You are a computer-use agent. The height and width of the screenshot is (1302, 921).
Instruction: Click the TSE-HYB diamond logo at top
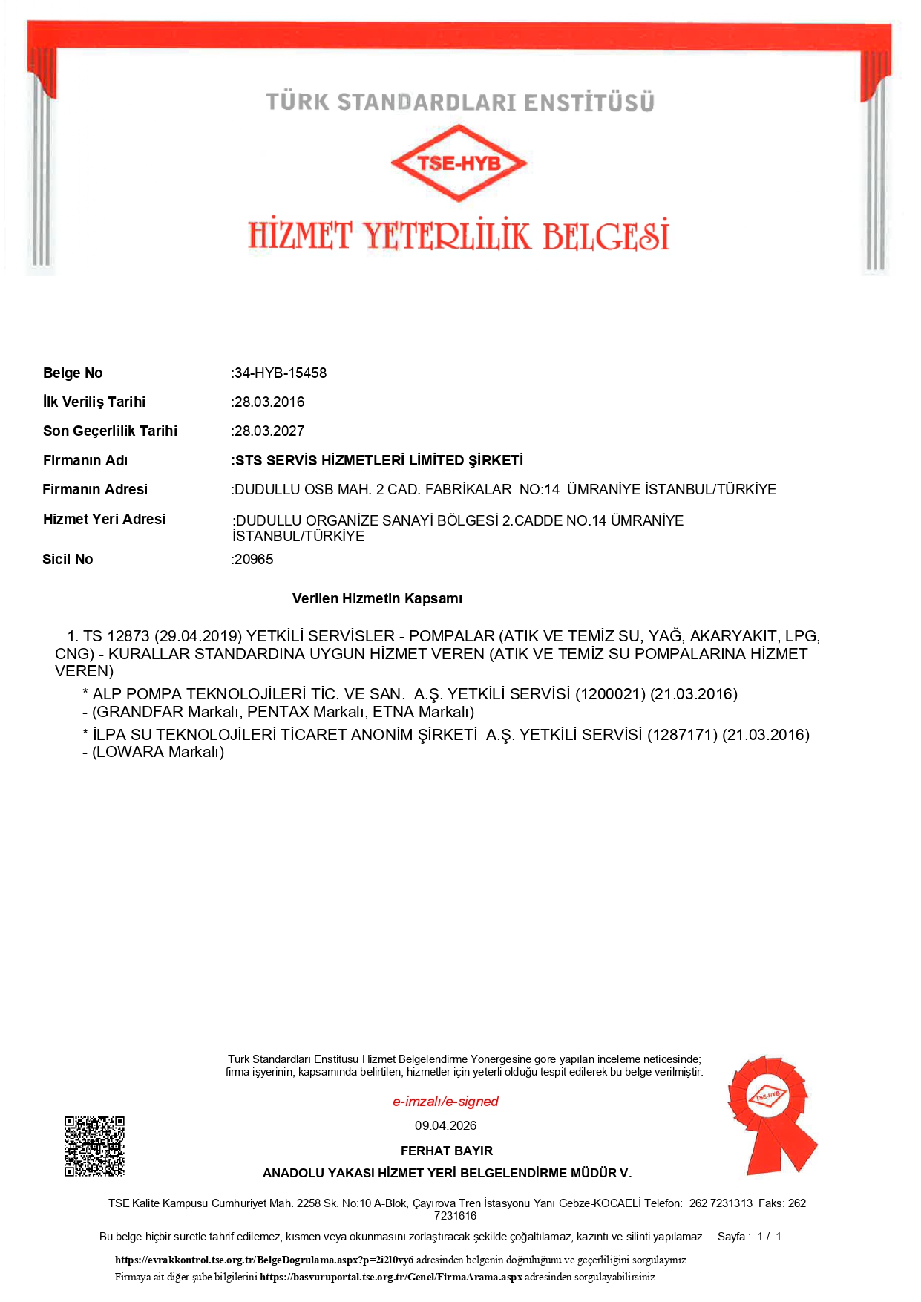[459, 163]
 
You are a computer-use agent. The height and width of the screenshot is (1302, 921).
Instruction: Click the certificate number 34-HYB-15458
[281, 373]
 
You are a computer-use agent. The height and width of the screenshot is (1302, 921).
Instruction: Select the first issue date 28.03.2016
[269, 402]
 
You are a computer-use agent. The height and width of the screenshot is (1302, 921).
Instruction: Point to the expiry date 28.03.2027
[269, 431]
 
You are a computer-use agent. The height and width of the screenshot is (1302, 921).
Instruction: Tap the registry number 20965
[254, 559]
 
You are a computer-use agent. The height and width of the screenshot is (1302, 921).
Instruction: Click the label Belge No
[73, 373]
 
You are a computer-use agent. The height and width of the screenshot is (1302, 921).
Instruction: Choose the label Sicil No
[68, 559]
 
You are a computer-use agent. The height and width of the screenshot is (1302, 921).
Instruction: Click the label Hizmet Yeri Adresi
[104, 519]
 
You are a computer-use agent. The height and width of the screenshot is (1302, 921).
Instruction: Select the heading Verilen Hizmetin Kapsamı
[377, 598]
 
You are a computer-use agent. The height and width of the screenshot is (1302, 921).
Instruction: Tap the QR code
[94, 1146]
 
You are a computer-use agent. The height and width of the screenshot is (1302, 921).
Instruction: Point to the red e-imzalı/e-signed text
[445, 1101]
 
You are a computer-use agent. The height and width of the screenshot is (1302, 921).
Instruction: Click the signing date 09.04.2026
[445, 1125]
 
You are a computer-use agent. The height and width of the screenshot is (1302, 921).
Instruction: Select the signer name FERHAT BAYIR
[446, 1151]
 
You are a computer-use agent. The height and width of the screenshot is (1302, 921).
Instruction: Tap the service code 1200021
[610, 694]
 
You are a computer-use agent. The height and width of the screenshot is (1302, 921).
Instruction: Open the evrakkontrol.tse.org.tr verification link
[264, 1260]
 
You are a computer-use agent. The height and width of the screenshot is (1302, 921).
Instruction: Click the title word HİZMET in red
[300, 236]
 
